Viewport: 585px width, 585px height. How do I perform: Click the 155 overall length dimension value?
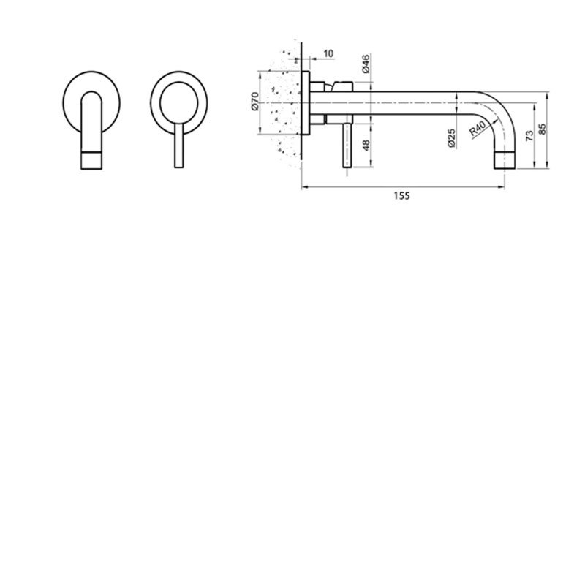(401, 195)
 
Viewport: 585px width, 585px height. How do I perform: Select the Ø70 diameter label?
(254, 103)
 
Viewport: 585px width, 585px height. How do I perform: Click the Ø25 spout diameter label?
(451, 137)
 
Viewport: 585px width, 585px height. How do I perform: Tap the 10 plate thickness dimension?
(327, 53)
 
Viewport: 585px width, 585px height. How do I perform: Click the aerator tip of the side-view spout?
(506, 159)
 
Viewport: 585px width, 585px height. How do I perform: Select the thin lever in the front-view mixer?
(178, 146)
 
